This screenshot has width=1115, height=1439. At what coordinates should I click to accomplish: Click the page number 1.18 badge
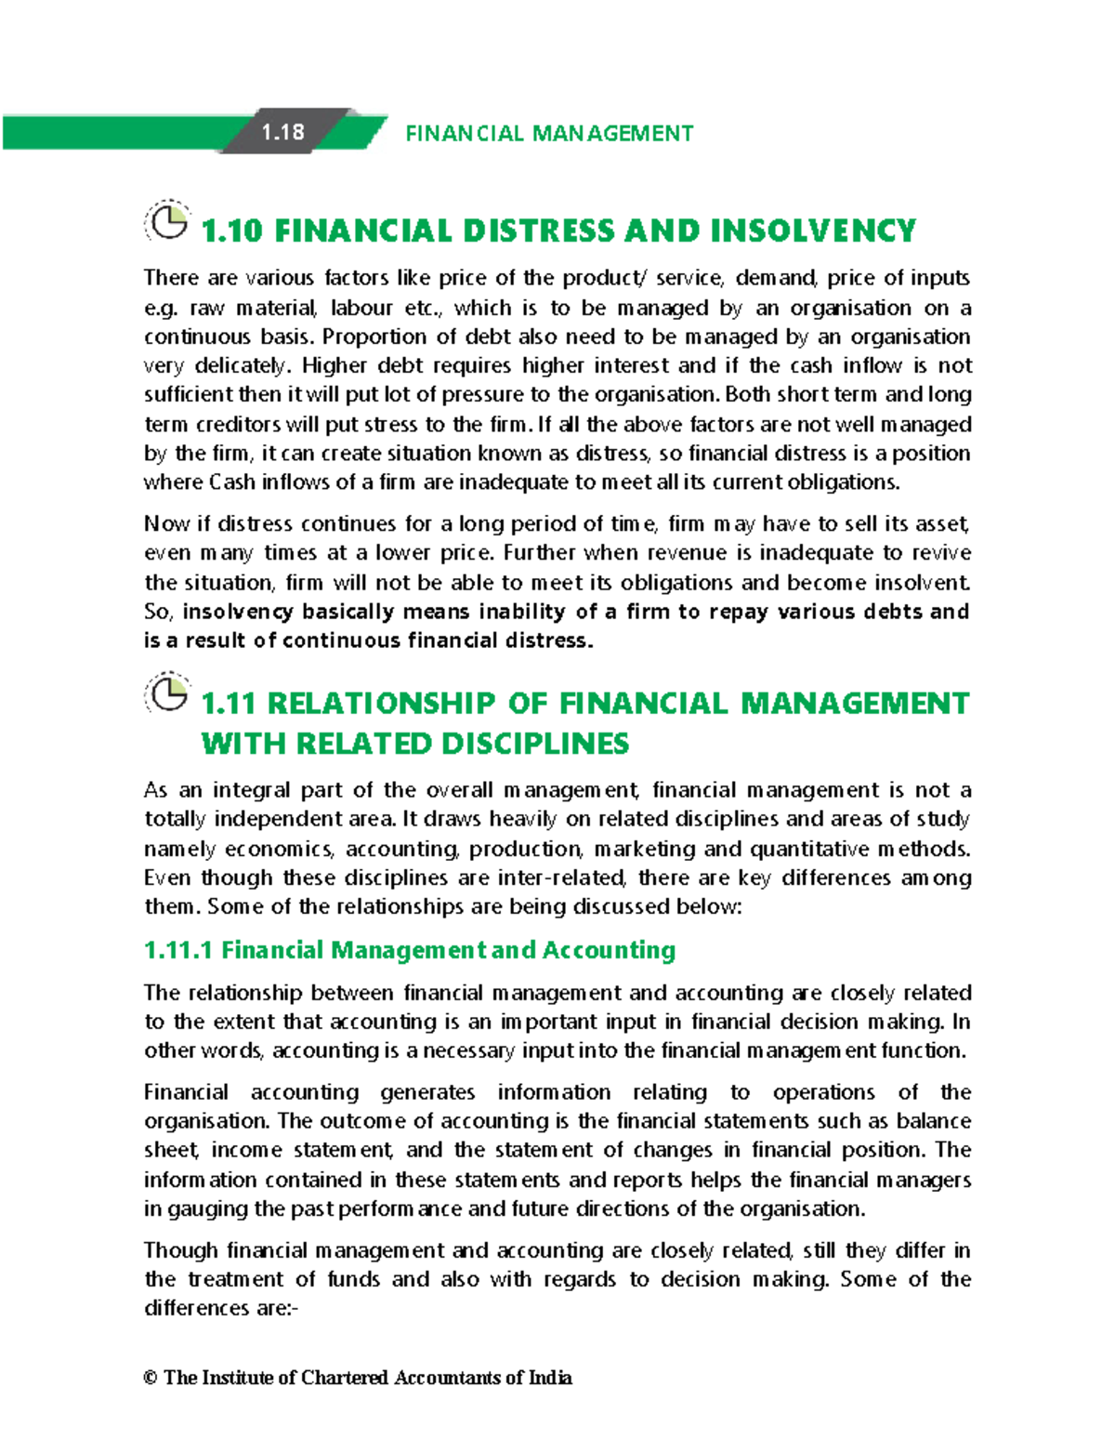click(282, 132)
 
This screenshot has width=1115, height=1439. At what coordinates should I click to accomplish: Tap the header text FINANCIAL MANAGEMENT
click(549, 134)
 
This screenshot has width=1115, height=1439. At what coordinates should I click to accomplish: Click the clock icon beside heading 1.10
click(168, 223)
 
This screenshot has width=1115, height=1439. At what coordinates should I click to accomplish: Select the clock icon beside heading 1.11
click(168, 694)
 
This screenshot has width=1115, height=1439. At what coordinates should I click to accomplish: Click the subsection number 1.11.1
click(178, 950)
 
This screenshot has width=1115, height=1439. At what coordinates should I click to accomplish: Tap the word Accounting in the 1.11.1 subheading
click(609, 950)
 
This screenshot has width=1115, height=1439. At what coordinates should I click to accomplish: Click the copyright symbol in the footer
click(151, 1378)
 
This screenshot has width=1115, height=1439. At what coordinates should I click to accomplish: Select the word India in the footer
click(550, 1378)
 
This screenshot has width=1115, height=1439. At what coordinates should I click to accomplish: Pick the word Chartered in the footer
click(345, 1378)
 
